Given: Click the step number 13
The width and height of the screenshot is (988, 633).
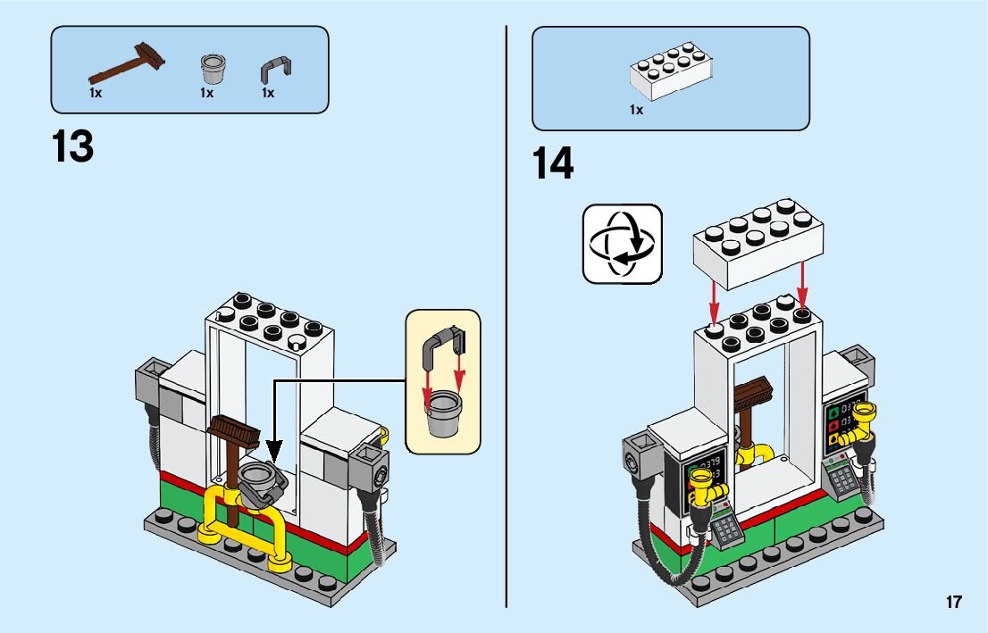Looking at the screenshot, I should [x=73, y=146].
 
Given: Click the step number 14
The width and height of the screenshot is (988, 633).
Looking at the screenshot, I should [x=553, y=164].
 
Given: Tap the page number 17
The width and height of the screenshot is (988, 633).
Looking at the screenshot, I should [x=954, y=602].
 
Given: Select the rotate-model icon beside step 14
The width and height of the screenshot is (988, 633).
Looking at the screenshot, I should [x=623, y=244].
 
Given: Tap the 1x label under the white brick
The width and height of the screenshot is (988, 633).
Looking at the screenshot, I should [x=636, y=110].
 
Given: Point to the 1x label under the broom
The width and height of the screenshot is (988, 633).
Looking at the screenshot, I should [x=96, y=92].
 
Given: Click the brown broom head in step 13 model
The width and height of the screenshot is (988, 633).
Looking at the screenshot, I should [x=234, y=433].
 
